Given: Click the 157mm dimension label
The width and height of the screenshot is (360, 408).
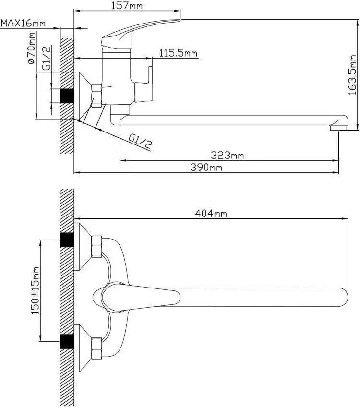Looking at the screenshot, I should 127,6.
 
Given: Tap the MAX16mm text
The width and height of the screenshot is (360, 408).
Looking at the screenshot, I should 23,23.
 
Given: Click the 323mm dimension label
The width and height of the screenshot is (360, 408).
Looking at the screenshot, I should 228,155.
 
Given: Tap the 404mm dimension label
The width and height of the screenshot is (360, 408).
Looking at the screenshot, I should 211,213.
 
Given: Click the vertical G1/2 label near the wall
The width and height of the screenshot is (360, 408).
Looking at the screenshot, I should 47,59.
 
